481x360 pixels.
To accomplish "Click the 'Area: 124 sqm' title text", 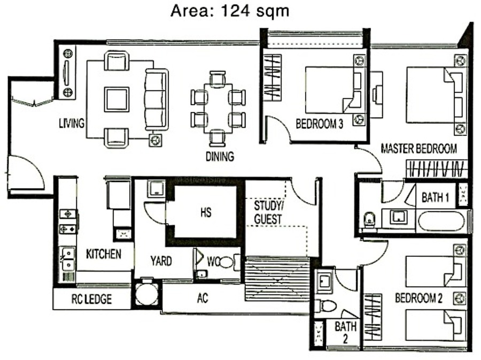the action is click(230, 11).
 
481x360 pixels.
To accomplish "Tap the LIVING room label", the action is click(72, 123).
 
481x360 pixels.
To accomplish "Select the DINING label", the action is click(220, 157).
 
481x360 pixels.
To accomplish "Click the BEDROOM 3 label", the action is click(320, 124).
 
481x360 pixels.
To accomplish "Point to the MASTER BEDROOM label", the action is click(418, 149).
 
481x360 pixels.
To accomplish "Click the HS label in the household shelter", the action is click(206, 212).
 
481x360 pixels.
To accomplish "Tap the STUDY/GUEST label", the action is click(268, 212).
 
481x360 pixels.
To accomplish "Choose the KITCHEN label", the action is click(103, 254).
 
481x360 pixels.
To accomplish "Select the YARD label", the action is click(161, 261).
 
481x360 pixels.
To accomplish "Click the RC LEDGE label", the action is click(91, 299).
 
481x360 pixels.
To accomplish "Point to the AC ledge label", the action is click(203, 298).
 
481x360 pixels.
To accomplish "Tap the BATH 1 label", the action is click(435, 197).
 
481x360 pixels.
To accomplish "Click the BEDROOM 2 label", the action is click(418, 298).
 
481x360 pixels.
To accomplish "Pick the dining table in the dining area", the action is click(218, 109).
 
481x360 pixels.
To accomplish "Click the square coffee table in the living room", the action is click(117, 99).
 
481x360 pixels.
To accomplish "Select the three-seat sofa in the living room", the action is click(157, 99).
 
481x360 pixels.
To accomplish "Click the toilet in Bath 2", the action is click(327, 305).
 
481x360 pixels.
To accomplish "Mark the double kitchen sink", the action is click(68, 259).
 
